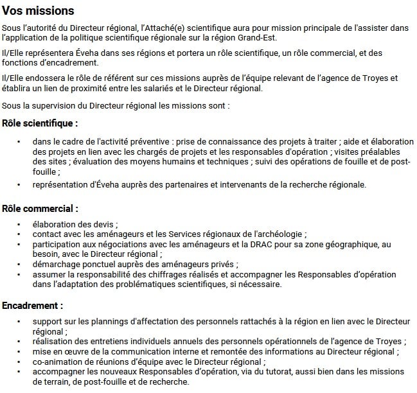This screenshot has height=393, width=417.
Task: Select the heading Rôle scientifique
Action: coord(40,123)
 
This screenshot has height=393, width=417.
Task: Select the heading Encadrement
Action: coord(32,306)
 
